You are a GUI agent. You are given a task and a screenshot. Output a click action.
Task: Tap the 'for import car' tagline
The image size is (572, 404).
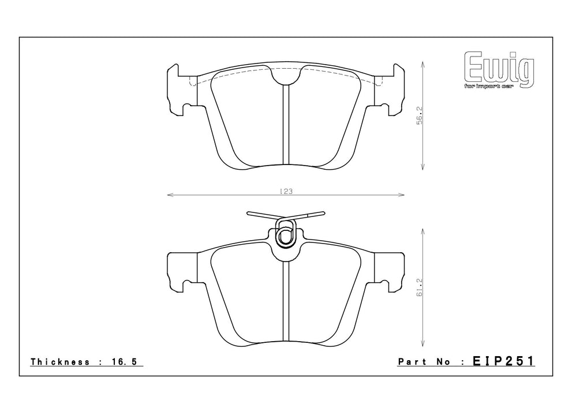pos(488,87)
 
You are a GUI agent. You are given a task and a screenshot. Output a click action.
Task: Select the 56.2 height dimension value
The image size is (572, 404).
pos(420,116)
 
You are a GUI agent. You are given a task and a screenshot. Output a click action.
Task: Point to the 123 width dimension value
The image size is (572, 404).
pos(286,191)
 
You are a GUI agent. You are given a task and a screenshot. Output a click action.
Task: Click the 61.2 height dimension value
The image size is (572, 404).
pos(420,287)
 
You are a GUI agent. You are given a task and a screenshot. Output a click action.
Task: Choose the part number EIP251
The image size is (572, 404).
pos(503,361)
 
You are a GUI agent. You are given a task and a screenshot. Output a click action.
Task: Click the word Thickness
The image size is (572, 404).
pos(60,362)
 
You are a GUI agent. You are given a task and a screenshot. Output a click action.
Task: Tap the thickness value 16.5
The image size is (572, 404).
pos(124,362)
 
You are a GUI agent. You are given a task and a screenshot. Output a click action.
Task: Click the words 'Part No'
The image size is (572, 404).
pos(424,362)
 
